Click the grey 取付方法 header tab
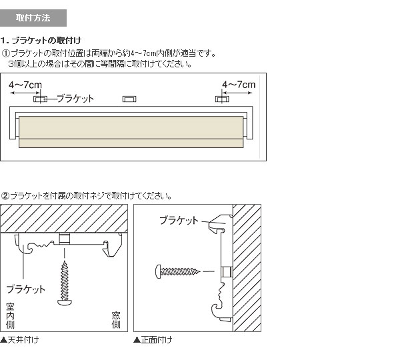click(33, 18)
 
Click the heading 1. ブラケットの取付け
click(41, 40)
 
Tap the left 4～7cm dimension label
click(25, 85)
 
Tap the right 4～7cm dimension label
click(239, 85)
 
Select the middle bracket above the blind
click(129, 99)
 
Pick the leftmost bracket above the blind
click(40, 99)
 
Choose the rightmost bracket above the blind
click(222, 99)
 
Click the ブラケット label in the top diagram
click(75, 99)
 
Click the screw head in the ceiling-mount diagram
click(65, 303)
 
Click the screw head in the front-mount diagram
click(158, 271)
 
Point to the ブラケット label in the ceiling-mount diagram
click(26, 289)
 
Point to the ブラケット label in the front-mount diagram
click(179, 220)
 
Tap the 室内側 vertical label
click(10, 316)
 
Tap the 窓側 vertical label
click(116, 320)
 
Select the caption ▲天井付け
click(19, 340)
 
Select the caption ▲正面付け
click(153, 340)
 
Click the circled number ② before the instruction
click(5, 196)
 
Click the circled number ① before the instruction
click(5, 53)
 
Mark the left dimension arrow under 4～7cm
click(25, 93)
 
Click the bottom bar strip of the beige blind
click(131, 143)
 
